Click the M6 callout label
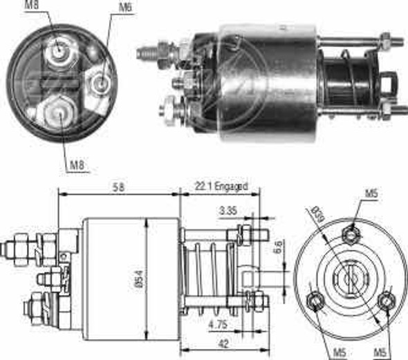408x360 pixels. [126, 8]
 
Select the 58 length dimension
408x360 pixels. [118, 187]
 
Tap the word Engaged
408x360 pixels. [231, 187]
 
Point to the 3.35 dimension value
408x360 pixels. [228, 211]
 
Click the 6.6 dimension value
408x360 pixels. [278, 247]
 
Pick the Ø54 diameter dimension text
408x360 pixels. [139, 279]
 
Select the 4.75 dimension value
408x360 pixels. [218, 324]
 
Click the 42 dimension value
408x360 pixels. [223, 343]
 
